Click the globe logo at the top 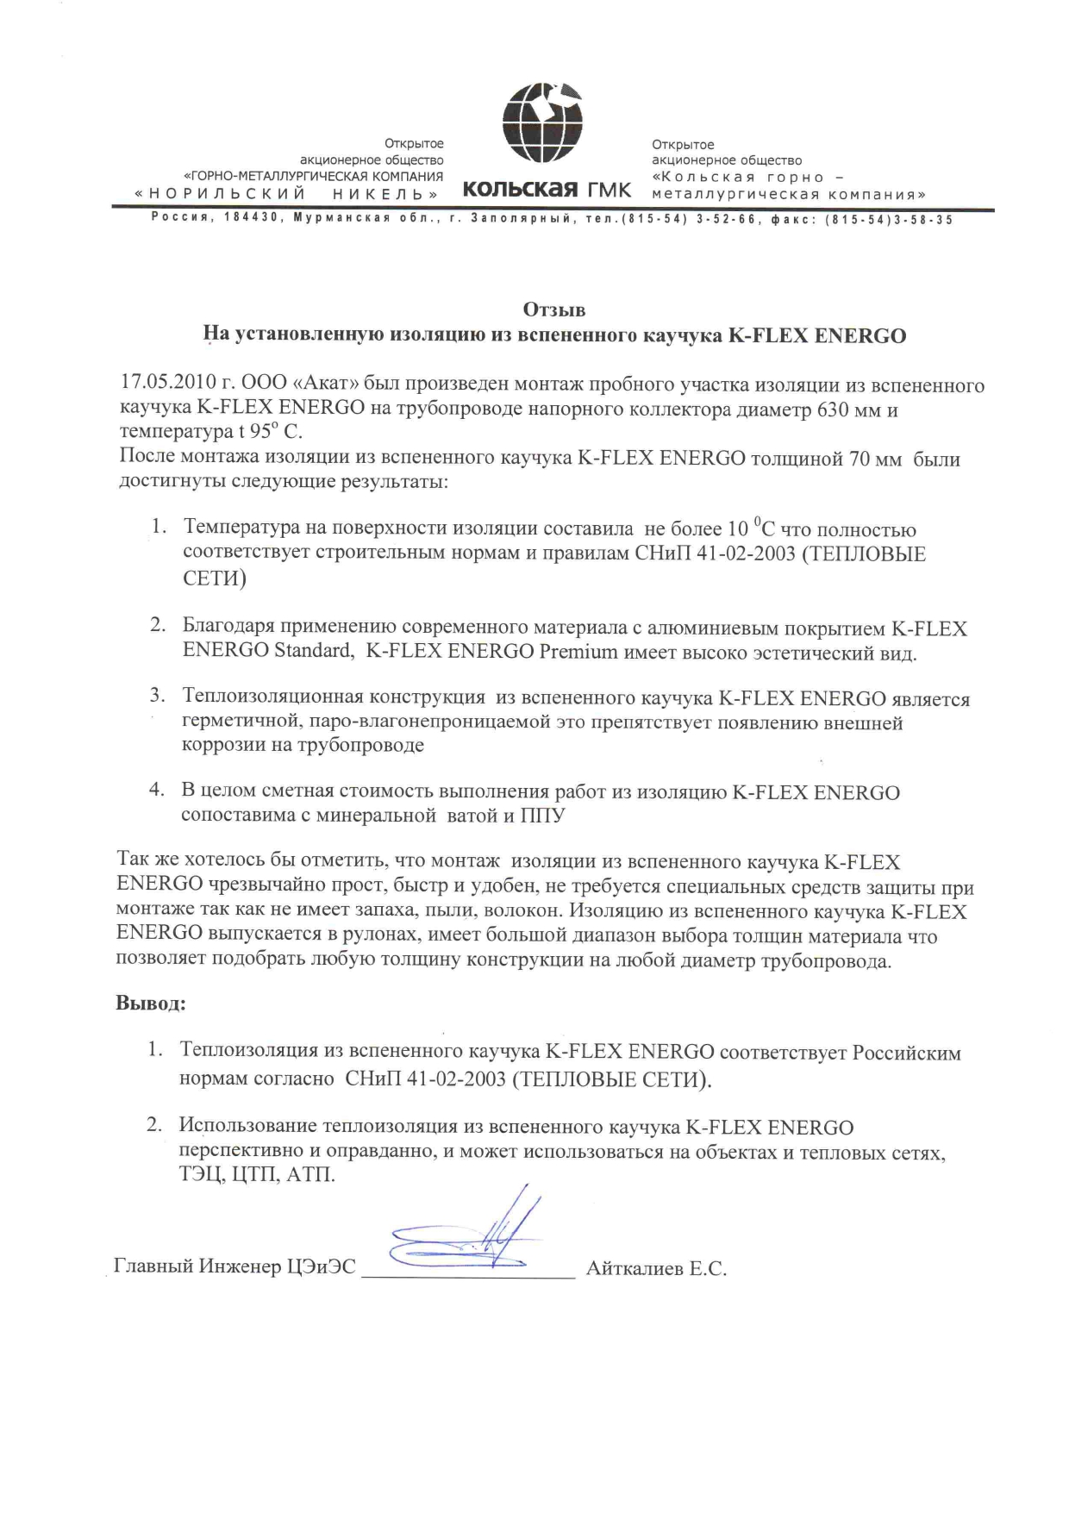coord(541,123)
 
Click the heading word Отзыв coord(554,309)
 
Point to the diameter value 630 coord(834,410)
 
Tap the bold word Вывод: coord(151,1003)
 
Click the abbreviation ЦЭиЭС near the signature coord(321,1266)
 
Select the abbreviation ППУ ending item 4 coord(542,816)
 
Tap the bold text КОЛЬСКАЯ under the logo coord(520,189)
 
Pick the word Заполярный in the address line coord(518,220)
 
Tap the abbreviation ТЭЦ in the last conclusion coord(201,1175)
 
